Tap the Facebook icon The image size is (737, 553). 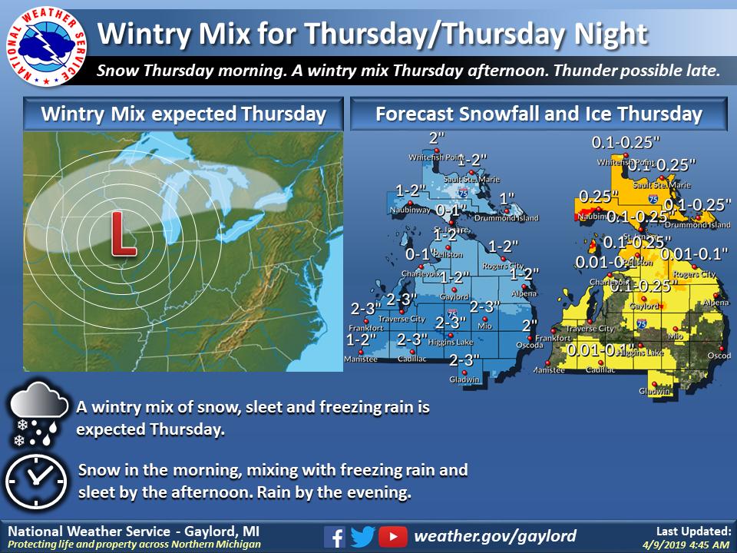(334, 536)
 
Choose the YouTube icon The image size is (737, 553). (392, 536)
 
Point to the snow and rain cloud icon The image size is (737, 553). (35, 417)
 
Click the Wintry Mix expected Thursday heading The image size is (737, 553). (183, 114)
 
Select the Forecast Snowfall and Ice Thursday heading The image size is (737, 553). (538, 114)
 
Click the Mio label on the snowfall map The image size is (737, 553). (484, 326)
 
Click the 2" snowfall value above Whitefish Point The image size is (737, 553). (437, 138)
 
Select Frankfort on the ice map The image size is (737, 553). (553, 338)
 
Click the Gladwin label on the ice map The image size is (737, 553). (654, 391)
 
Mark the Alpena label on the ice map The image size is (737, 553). (716, 303)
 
